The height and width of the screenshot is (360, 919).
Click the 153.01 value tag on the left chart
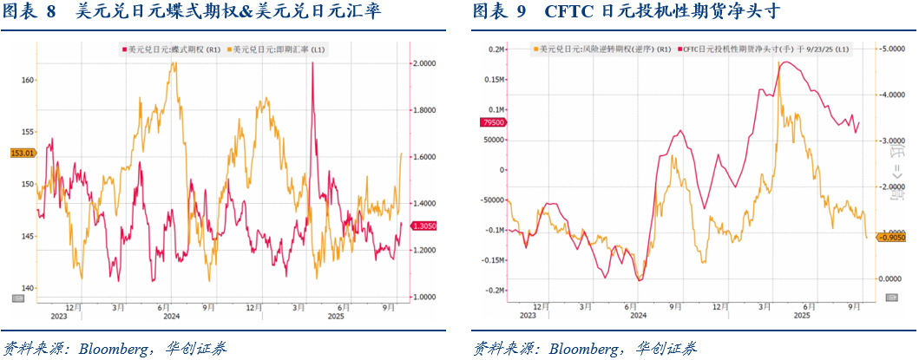[x=21, y=154]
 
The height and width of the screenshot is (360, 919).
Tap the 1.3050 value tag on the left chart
[x=424, y=226]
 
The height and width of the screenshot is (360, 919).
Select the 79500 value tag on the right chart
[x=491, y=123]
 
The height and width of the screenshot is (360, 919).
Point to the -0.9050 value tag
[x=893, y=237]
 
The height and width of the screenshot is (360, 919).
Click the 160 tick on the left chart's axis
[x=27, y=80]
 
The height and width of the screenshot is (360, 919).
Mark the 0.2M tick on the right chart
[x=496, y=49]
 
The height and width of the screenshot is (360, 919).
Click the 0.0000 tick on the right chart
[x=893, y=278]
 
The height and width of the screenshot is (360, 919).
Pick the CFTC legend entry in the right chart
[x=764, y=50]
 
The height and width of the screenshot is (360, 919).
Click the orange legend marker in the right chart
[x=536, y=50]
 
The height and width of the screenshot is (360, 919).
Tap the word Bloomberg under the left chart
[x=113, y=349]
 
